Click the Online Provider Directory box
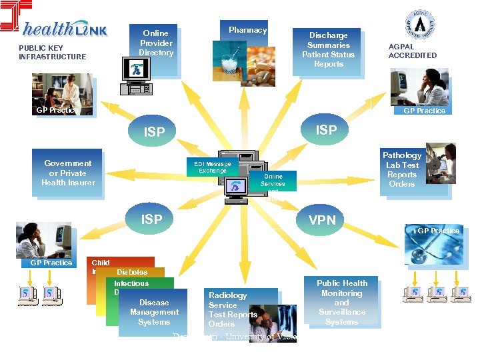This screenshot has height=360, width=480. (157, 43)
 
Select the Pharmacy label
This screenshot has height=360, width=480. (247, 30)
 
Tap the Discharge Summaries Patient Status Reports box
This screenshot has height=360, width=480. (328, 50)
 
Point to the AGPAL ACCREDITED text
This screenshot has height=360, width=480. (413, 51)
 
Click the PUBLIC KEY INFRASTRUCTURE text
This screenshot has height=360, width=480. (52, 52)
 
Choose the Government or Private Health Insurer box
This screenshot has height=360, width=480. (68, 173)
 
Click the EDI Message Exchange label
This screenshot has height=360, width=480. (213, 167)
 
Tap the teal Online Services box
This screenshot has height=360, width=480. (273, 182)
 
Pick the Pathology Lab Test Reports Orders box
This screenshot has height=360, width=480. (401, 169)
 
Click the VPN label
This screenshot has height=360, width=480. (322, 219)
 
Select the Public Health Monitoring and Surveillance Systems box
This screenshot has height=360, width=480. (342, 302)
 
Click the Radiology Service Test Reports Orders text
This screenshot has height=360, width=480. (232, 309)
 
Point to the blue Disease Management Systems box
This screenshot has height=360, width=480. (154, 312)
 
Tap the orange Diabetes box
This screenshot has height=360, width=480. (132, 272)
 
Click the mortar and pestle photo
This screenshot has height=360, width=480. (228, 61)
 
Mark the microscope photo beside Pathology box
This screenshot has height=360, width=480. (439, 161)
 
